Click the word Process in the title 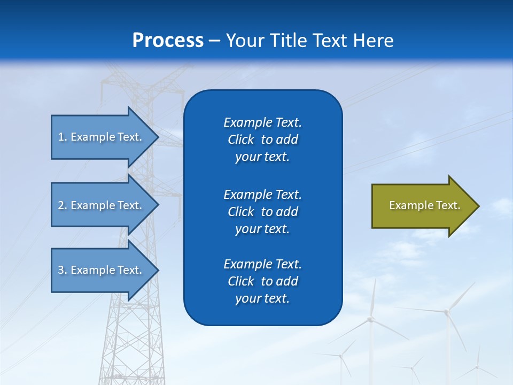[x=168, y=41]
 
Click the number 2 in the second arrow [x=61, y=205]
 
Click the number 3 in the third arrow [x=61, y=270]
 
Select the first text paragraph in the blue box [x=262, y=140]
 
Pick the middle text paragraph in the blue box [x=262, y=211]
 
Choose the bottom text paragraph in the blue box [x=262, y=281]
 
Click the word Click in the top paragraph [x=241, y=140]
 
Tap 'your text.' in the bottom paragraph [x=262, y=298]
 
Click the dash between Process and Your [x=215, y=41]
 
